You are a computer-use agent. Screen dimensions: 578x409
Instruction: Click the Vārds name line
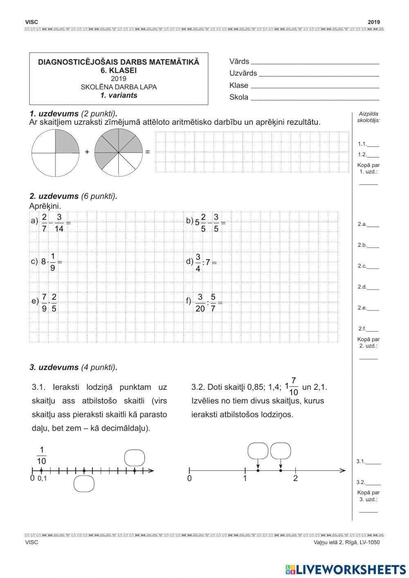tap(315, 62)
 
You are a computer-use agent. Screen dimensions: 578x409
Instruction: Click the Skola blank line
tap(315, 98)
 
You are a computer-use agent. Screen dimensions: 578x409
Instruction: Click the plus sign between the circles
tap(87, 152)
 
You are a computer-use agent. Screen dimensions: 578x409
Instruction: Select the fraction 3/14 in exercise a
tap(59, 223)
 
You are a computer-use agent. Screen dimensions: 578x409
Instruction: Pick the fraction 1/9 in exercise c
tap(53, 262)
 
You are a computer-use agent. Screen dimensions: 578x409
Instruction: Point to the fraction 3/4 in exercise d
tap(198, 263)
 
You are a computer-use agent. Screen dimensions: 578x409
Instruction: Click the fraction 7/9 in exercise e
tap(44, 303)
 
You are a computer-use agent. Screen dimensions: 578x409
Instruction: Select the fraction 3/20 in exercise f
tap(200, 303)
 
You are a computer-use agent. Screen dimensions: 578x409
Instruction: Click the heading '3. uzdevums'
tap(54, 367)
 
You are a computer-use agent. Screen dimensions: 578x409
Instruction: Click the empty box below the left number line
tap(84, 484)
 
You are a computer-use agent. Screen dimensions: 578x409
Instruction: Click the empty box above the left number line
tap(135, 457)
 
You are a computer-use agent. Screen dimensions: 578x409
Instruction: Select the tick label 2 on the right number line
tap(295, 478)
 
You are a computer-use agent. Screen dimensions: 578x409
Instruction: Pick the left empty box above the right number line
tap(258, 451)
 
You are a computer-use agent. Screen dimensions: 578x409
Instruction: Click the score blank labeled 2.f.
tap(373, 329)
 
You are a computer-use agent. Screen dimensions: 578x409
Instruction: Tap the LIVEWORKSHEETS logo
tap(346, 569)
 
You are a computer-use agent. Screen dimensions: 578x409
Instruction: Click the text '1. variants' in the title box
tap(119, 95)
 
